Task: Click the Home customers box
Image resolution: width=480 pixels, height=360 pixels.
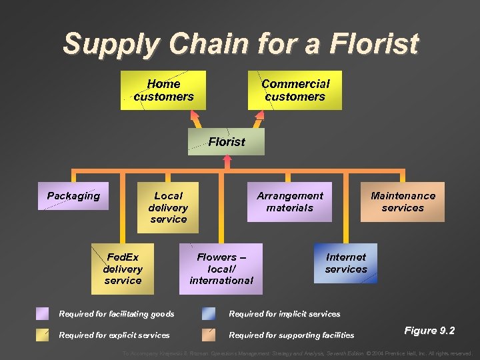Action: point(163,90)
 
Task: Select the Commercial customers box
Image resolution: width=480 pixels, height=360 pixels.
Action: point(295,90)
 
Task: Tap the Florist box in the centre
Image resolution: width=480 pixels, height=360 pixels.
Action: point(227,141)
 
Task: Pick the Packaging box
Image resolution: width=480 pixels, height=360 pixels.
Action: point(73,196)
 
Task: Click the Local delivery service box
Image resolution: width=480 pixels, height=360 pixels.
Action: point(168,207)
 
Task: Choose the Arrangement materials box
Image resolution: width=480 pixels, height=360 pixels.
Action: point(289,201)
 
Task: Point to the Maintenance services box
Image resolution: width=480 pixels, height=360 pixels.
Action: point(403,201)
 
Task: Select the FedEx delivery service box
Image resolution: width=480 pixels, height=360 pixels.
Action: point(123,269)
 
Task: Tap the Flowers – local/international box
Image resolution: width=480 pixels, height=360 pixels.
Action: point(221,269)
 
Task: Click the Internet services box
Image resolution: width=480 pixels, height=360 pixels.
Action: point(346,263)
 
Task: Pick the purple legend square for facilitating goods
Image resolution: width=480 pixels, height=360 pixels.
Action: point(42,314)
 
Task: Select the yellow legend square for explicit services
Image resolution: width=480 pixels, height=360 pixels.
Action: point(42,335)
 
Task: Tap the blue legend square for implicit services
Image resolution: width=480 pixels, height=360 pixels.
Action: point(209,314)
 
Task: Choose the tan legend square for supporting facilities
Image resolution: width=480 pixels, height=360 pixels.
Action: point(209,335)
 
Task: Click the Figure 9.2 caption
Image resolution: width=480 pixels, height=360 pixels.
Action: point(430,331)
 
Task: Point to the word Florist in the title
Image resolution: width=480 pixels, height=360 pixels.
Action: point(373,44)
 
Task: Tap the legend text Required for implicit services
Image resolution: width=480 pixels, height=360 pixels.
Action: point(285,314)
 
